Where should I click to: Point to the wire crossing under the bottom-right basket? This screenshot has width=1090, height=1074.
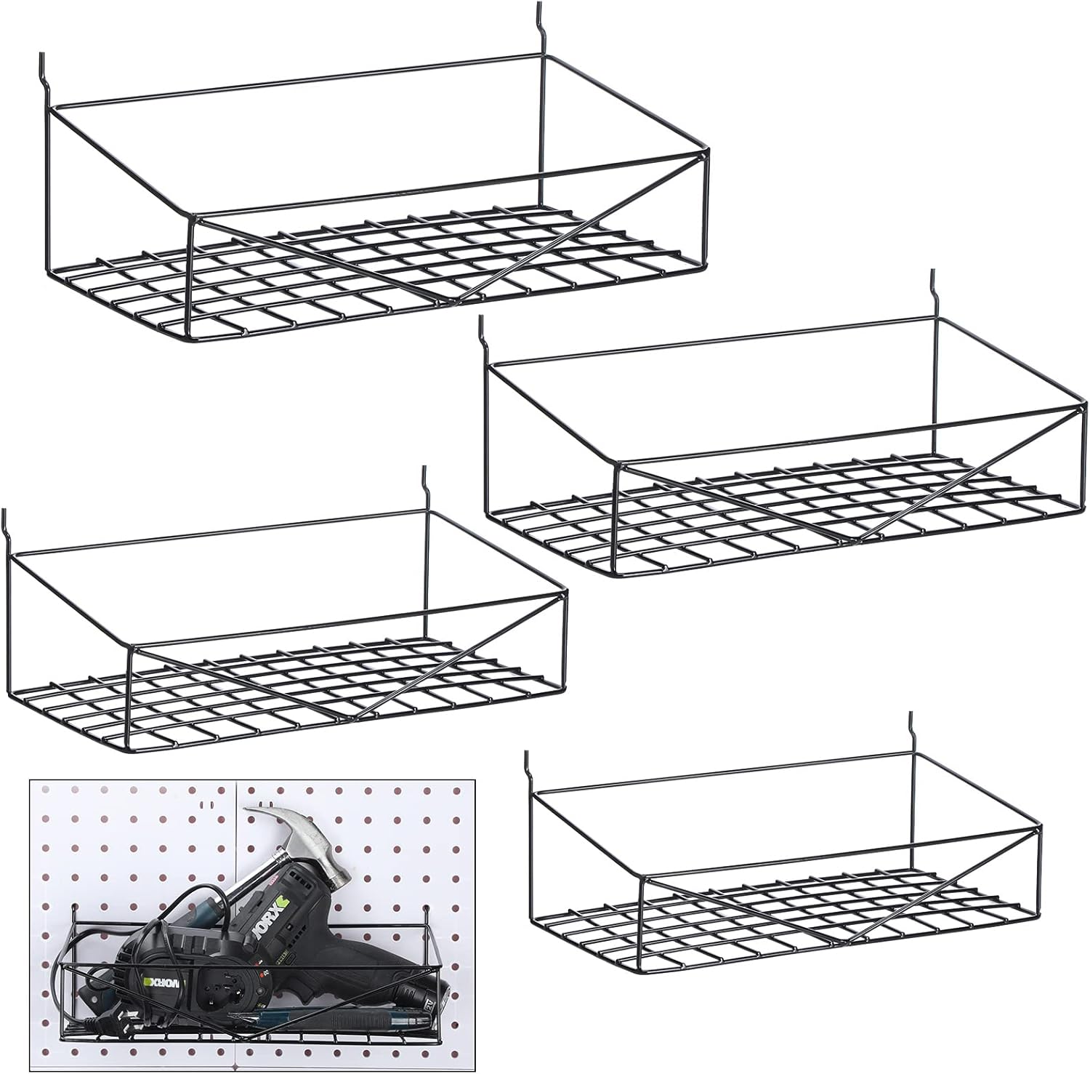[843, 942]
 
